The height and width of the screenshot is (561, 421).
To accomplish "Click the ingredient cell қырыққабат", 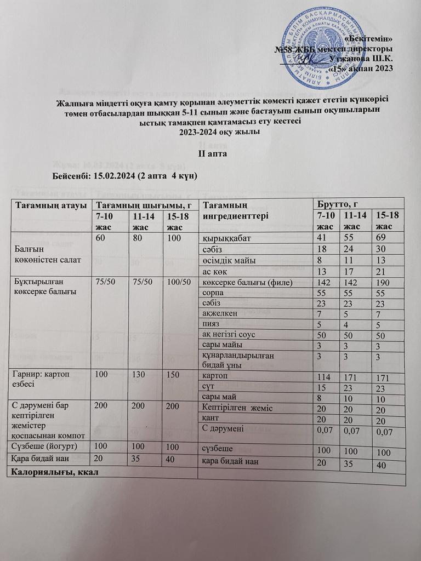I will coord(225,238).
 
